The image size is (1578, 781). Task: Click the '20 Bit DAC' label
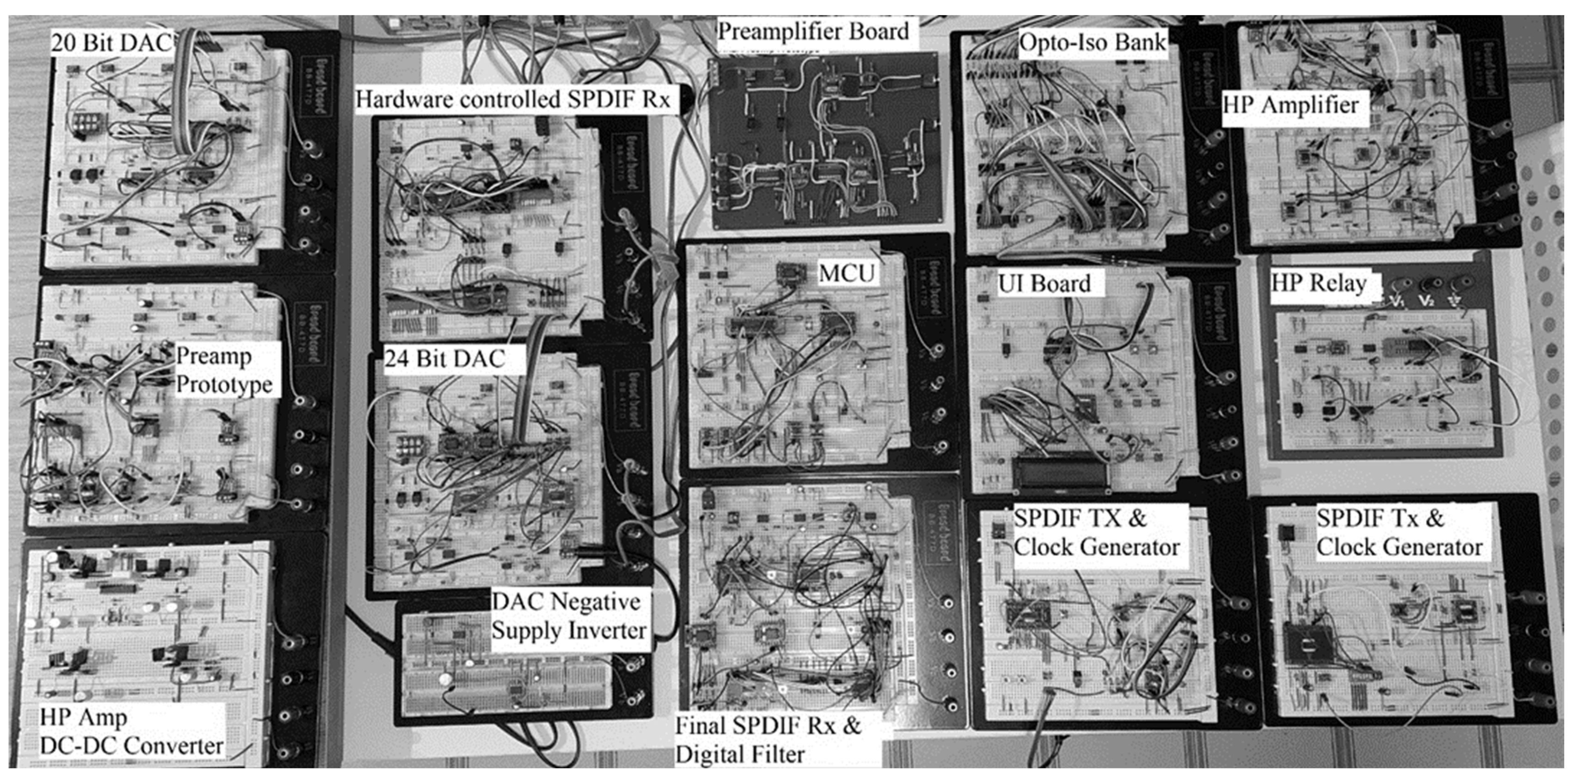coord(110,43)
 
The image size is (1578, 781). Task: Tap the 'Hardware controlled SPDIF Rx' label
coord(513,100)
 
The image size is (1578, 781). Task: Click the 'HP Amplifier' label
coord(1291,105)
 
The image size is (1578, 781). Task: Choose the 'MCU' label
coord(847,273)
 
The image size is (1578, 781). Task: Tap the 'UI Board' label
coord(1044,284)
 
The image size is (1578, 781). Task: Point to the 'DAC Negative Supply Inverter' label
coord(568,616)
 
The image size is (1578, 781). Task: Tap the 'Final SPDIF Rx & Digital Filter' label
coord(768,740)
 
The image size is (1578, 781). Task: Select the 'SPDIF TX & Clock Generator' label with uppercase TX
coord(1096,533)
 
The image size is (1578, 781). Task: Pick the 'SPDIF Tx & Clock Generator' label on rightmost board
coord(1399,533)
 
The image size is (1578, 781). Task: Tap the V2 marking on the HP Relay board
coord(1426,301)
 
